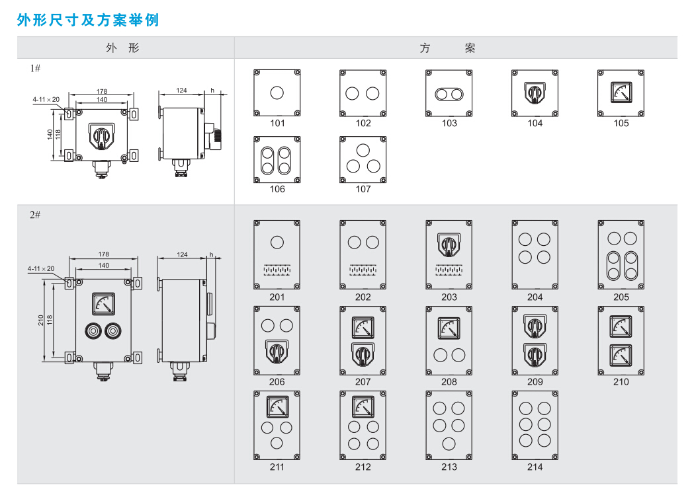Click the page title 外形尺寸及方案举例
[x=88, y=20]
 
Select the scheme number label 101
[x=277, y=123]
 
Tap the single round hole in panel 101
[x=277, y=93]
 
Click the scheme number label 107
[x=363, y=189]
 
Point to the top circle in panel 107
[x=363, y=150]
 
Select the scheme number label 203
[x=449, y=297]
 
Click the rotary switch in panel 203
[x=449, y=245]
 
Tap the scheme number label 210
[x=621, y=381]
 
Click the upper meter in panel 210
[x=621, y=326]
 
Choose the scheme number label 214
[x=535, y=467]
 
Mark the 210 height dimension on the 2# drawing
[x=41, y=321]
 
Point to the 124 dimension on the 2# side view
[x=182, y=254]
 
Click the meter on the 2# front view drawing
[x=103, y=303]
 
